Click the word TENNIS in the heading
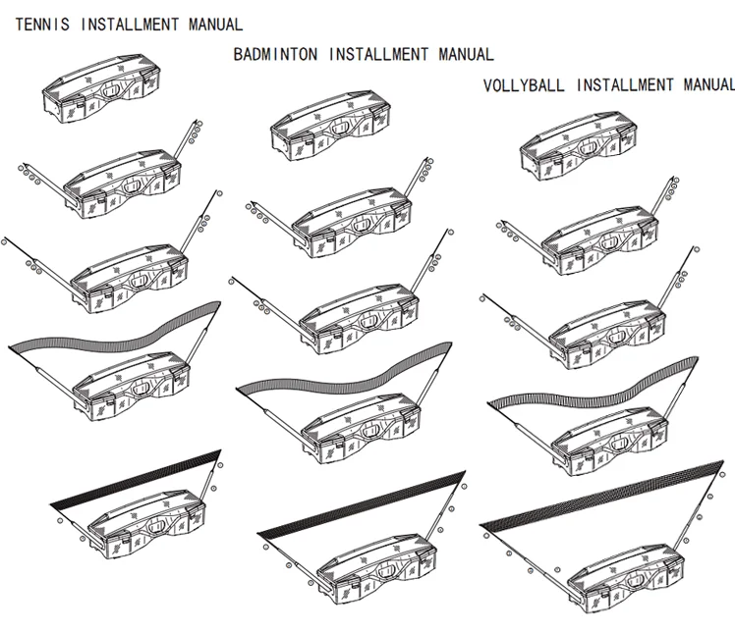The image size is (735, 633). point(41,25)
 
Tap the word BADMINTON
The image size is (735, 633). point(275,55)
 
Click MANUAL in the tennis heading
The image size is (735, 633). point(213,25)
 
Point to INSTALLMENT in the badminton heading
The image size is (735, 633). point(377,55)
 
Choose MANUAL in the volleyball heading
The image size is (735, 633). point(705,85)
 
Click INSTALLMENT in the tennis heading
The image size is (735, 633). point(129,25)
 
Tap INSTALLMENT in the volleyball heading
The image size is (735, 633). point(625,85)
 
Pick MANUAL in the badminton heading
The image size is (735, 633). point(465,55)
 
